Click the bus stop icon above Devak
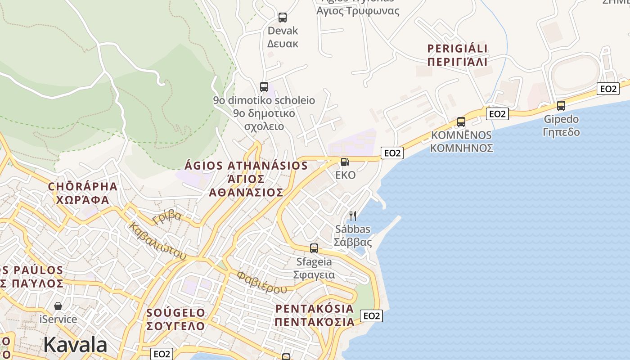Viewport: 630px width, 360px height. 283,18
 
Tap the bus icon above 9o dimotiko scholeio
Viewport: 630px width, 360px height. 264,87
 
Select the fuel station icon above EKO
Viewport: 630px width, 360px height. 345,162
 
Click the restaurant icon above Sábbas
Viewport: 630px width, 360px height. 353,216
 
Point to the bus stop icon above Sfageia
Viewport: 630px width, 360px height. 314,248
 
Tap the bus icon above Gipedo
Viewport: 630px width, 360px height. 561,106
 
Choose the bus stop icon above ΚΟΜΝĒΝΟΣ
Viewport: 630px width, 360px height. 461,122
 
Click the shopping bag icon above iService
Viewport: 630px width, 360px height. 58,306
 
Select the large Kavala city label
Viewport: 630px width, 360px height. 75,345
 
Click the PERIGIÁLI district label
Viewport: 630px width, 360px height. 458,49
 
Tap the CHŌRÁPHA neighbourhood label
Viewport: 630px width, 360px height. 83,187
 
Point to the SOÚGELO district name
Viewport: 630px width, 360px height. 176,312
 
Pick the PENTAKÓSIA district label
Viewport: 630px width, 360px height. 315,309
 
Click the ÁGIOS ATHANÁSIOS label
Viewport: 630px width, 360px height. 247,166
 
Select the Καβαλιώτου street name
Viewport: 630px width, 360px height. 157,241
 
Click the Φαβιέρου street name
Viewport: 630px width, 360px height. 262,282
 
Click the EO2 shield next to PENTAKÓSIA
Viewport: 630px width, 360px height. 372,316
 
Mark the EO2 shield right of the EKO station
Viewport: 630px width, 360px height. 392,153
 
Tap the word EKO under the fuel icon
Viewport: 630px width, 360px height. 346,175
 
